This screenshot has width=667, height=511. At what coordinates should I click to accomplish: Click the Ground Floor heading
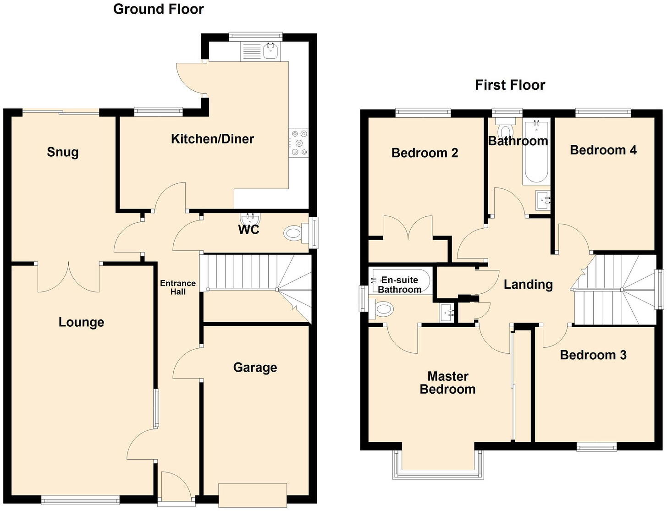158,9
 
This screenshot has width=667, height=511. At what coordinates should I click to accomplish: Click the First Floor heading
510,85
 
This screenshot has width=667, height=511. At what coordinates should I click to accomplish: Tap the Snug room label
63,152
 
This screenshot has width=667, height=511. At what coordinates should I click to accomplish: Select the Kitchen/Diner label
212,139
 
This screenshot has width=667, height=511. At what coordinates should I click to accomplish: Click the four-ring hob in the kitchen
299,143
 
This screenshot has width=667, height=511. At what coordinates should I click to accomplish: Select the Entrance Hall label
178,287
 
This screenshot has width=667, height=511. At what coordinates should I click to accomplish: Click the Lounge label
81,322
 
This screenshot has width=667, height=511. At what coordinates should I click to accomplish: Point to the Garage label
255,368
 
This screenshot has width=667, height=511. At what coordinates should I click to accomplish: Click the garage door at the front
253,494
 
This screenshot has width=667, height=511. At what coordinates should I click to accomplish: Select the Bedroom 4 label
603,150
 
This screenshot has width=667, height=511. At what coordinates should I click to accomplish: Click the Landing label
528,285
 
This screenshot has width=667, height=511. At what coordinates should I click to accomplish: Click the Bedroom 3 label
593,355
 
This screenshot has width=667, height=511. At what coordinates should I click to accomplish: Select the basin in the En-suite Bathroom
447,313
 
